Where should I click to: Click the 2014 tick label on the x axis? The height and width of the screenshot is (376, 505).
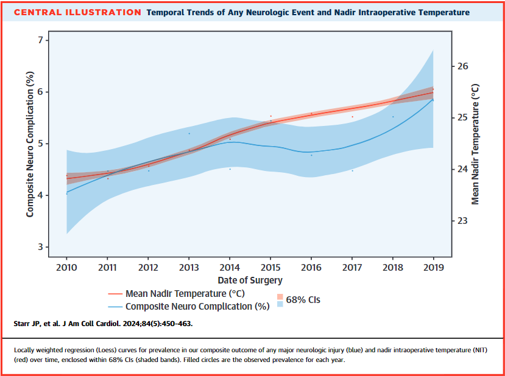tap(230, 268)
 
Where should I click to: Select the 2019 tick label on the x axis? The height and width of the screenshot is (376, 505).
tap(433, 268)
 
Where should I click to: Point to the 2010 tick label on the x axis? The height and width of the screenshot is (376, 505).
tap(67, 268)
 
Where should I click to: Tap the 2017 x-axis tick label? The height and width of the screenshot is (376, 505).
tap(351, 268)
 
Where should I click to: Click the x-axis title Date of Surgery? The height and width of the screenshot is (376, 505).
tap(250, 280)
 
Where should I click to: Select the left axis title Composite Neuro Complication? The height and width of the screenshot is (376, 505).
tap(29, 144)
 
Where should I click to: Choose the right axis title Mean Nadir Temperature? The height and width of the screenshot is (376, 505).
tap(475, 144)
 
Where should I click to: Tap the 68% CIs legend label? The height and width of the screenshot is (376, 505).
tap(303, 300)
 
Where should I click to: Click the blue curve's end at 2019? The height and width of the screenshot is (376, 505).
tap(433, 99)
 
